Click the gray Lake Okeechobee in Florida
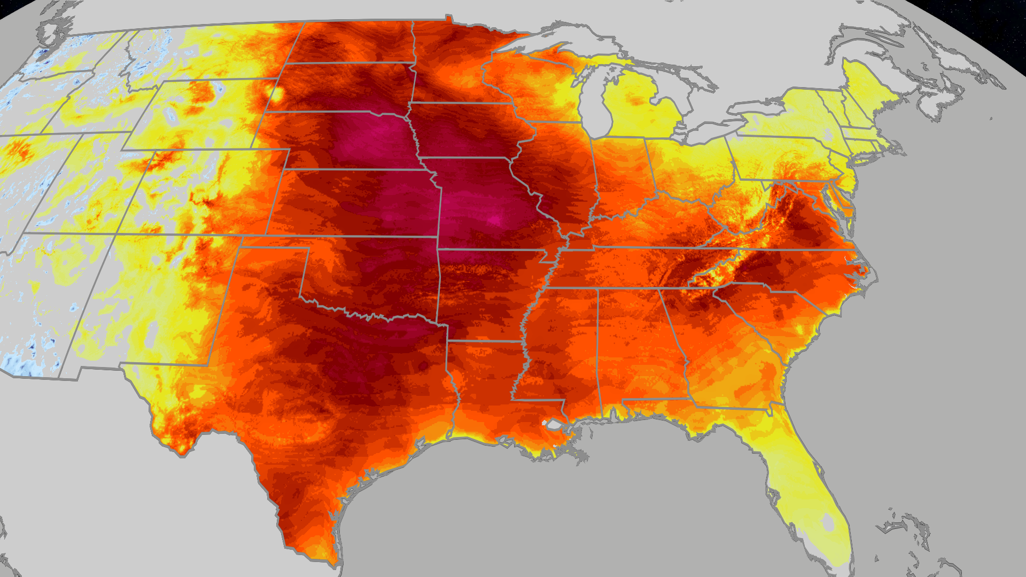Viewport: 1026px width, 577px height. click(x=828, y=521)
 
